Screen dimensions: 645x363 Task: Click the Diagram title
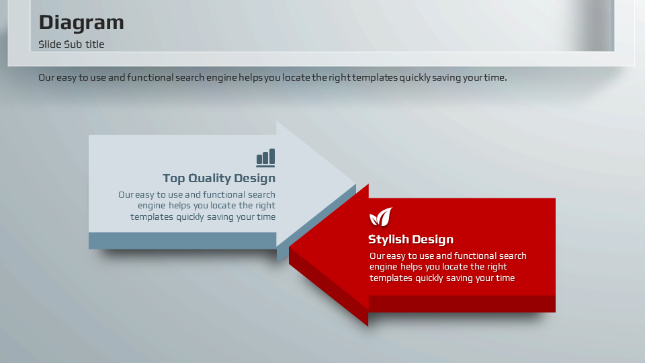click(x=81, y=23)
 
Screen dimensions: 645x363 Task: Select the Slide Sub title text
click(x=71, y=44)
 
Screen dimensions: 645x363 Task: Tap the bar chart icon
click(x=266, y=158)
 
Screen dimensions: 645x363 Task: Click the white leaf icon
click(x=380, y=217)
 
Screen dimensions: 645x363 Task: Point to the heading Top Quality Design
click(x=219, y=178)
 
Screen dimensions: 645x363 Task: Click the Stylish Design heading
click(x=411, y=239)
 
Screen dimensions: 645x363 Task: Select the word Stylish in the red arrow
click(x=388, y=239)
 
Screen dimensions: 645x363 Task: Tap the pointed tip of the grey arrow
click(x=355, y=184)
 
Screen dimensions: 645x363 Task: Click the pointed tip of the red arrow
click(x=290, y=248)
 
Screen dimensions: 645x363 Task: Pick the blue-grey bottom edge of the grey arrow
click(x=182, y=241)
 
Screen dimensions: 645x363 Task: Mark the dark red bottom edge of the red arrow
click(x=462, y=304)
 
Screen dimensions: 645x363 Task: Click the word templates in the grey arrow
click(x=152, y=217)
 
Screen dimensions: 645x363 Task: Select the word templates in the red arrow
click(x=391, y=278)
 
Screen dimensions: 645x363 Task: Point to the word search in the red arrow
click(x=513, y=255)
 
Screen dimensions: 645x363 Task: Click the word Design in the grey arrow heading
click(x=255, y=179)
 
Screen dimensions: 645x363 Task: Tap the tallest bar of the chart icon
click(x=272, y=157)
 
